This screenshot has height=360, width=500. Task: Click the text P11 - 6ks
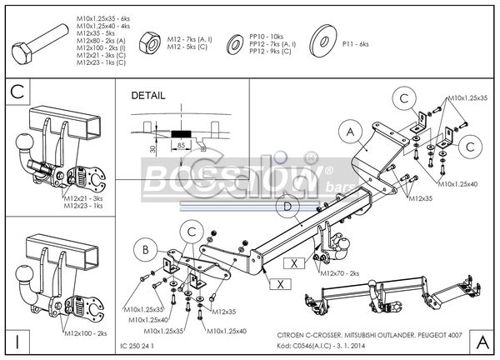[354, 42]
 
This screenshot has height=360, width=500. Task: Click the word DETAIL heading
[148, 96]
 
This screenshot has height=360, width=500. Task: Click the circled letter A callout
[349, 130]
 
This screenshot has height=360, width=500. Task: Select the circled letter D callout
[287, 206]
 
